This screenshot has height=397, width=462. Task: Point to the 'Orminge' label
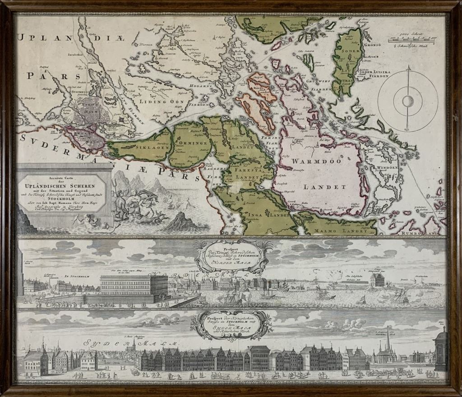[x=186, y=143]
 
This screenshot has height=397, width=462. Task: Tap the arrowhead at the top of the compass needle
[x=408, y=68]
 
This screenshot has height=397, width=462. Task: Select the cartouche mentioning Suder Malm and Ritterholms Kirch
[x=231, y=323]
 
